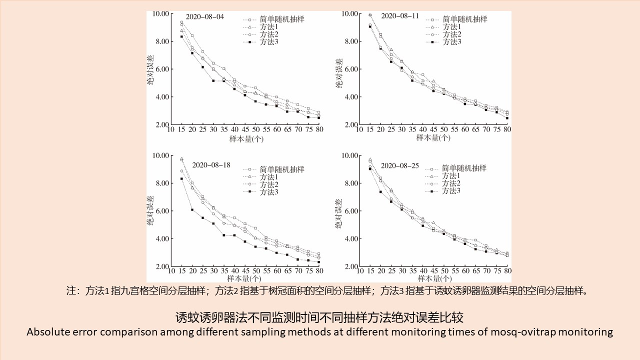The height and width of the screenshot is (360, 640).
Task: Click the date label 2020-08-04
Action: pos(205,16)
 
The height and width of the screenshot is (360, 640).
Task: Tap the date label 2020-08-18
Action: pos(211,164)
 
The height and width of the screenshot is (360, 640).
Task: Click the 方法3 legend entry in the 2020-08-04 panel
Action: pos(269,41)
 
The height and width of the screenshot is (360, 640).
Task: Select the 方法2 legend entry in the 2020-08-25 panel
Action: pos(451,183)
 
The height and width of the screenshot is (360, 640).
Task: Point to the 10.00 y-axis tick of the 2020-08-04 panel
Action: pos(160,13)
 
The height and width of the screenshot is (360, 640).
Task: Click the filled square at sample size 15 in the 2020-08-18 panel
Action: pos(181,178)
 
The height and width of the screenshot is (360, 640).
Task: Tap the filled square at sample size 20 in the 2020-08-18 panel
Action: pos(192,209)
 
